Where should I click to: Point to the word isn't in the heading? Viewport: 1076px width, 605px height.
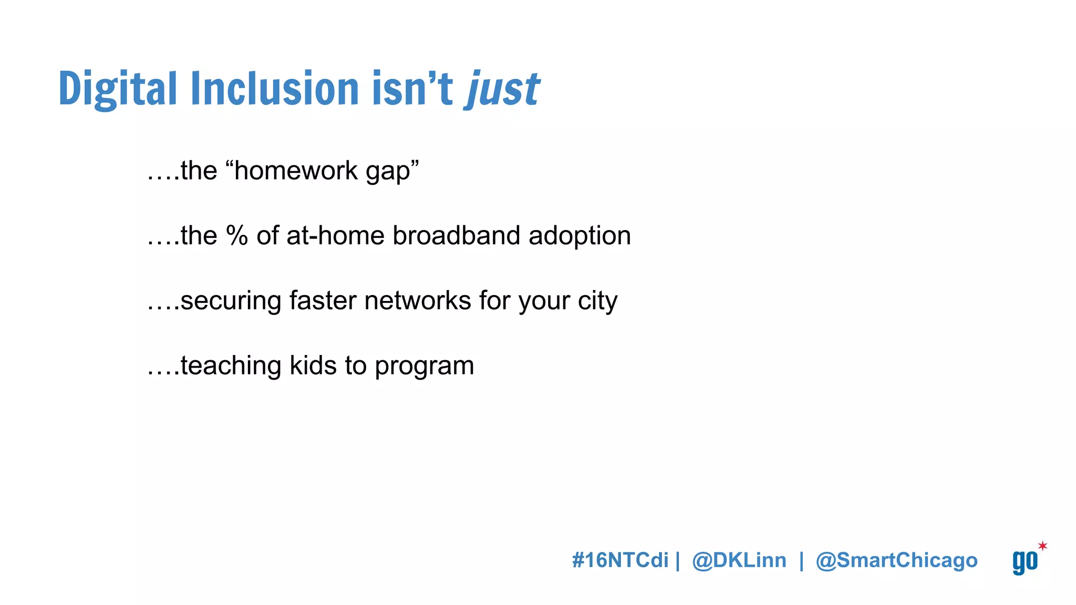[412, 89]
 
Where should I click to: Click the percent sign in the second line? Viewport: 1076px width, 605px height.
[237, 235]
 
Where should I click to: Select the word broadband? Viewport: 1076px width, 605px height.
[457, 235]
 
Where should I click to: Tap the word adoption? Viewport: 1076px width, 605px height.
[580, 236]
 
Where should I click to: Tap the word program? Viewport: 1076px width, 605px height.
[425, 367]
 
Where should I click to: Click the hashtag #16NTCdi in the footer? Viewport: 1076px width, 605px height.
[620, 560]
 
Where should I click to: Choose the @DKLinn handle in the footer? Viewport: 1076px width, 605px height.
[739, 560]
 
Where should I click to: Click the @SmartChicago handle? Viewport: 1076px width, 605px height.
[896, 560]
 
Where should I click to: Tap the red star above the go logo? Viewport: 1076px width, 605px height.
[1042, 546]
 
